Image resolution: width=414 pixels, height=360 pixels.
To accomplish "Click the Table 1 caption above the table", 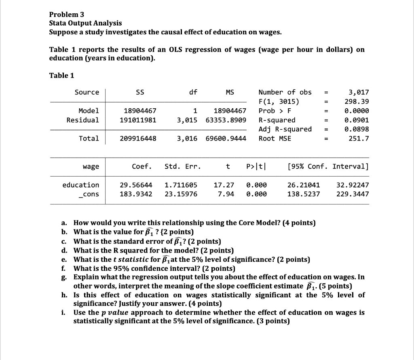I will [x=62, y=76].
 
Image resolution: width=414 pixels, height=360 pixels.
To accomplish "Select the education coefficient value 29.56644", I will [x=136, y=185].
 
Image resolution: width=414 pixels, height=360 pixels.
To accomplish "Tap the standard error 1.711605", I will [x=181, y=185].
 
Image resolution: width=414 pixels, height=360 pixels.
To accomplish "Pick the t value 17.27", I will [x=224, y=185].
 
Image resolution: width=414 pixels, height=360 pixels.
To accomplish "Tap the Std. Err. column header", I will [x=183, y=166].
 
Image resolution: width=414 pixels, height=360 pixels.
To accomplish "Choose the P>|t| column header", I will [x=256, y=166].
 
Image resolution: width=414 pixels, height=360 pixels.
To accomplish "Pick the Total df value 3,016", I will [x=187, y=139].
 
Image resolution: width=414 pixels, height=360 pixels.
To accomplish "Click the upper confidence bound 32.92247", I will [x=353, y=185].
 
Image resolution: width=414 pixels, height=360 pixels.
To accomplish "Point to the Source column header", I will [x=87, y=92].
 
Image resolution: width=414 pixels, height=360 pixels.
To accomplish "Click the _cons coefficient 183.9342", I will [x=136, y=194].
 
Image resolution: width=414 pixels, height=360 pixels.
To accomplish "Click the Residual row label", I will [x=83, y=120].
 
